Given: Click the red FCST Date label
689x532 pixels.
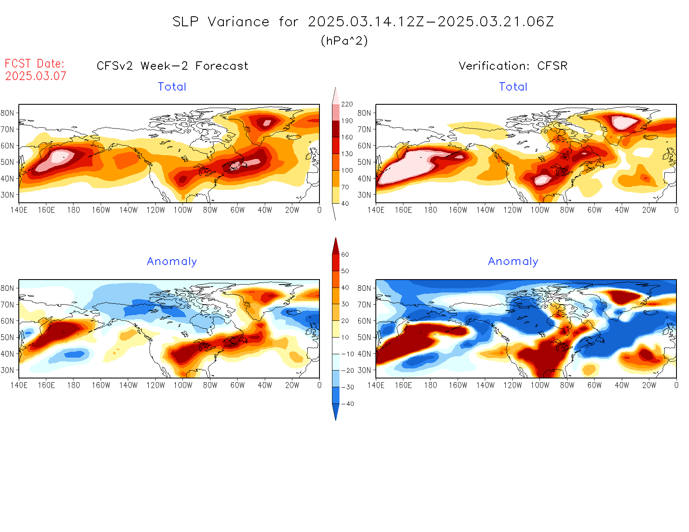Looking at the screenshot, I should (35, 64).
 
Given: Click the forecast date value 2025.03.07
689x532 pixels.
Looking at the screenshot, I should (36, 76).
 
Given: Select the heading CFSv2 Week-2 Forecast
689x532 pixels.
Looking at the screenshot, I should (172, 66).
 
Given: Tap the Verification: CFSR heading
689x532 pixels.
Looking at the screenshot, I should (513, 66).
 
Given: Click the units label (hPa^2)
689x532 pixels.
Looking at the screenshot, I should (344, 41).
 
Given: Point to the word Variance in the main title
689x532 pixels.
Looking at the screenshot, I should (238, 22).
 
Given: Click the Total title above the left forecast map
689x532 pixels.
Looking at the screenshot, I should (172, 87).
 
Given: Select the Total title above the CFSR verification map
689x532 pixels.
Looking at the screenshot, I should (513, 87).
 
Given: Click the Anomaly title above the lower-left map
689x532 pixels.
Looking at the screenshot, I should (172, 262).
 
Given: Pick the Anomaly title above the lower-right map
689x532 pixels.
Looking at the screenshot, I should (513, 262).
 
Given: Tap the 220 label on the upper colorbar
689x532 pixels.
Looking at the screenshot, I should (347, 104).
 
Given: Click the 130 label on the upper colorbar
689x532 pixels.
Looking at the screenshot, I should (347, 154).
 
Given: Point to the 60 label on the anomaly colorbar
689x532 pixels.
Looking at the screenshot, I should (345, 255).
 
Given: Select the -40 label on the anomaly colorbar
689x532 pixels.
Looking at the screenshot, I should (348, 404).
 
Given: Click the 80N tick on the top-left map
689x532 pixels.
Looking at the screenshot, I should (8, 113).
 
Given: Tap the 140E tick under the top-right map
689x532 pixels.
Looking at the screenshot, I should (376, 210).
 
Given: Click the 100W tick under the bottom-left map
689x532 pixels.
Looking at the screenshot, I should (183, 386).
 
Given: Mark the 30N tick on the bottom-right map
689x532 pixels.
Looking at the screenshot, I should (365, 370).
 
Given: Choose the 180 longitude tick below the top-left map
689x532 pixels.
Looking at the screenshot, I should (73, 210).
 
